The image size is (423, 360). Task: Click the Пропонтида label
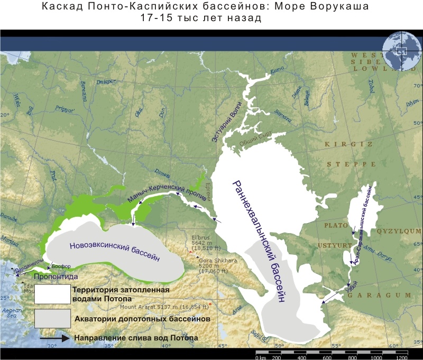56,276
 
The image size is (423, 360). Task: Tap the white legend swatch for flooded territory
52,294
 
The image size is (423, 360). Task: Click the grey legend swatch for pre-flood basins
52,319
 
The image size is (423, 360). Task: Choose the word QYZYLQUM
396,230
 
